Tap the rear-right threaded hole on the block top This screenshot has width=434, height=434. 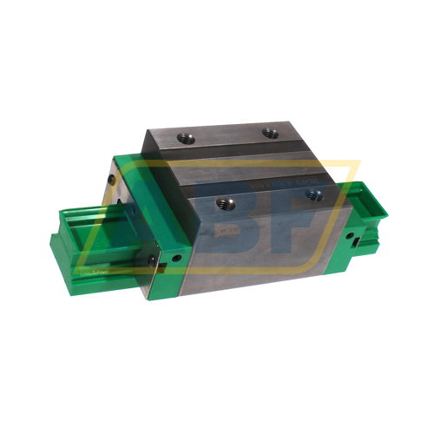coord(270,133)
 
